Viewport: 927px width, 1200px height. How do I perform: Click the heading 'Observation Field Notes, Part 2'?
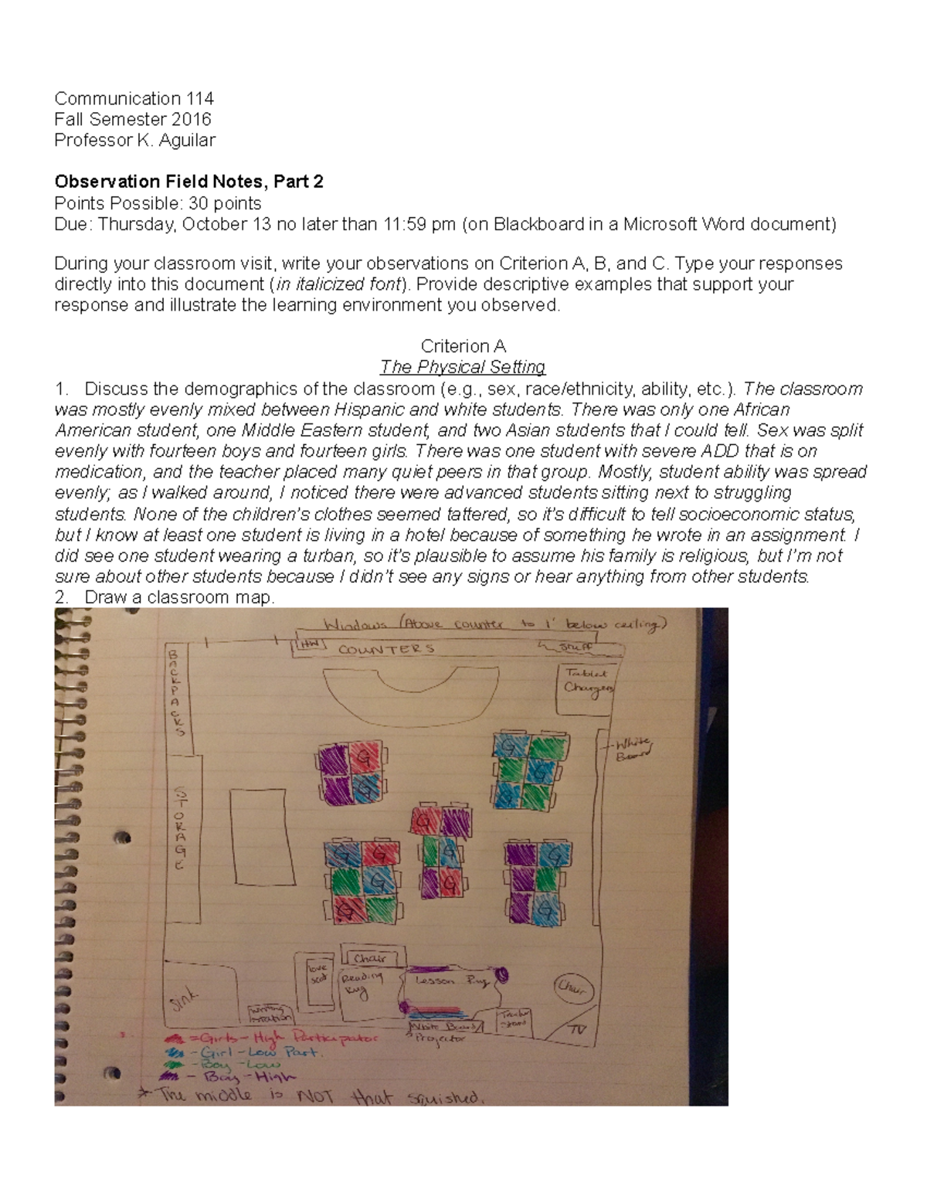tap(188, 182)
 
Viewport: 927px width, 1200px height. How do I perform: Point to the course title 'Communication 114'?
tap(134, 98)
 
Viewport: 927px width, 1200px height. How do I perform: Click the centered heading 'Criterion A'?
tap(463, 346)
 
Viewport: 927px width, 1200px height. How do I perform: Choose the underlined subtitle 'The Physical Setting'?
tap(463, 367)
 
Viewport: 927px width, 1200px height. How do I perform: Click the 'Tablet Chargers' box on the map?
tap(589, 681)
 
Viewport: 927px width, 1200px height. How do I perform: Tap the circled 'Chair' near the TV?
tap(572, 988)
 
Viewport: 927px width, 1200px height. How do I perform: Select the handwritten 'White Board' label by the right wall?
tap(631, 749)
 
